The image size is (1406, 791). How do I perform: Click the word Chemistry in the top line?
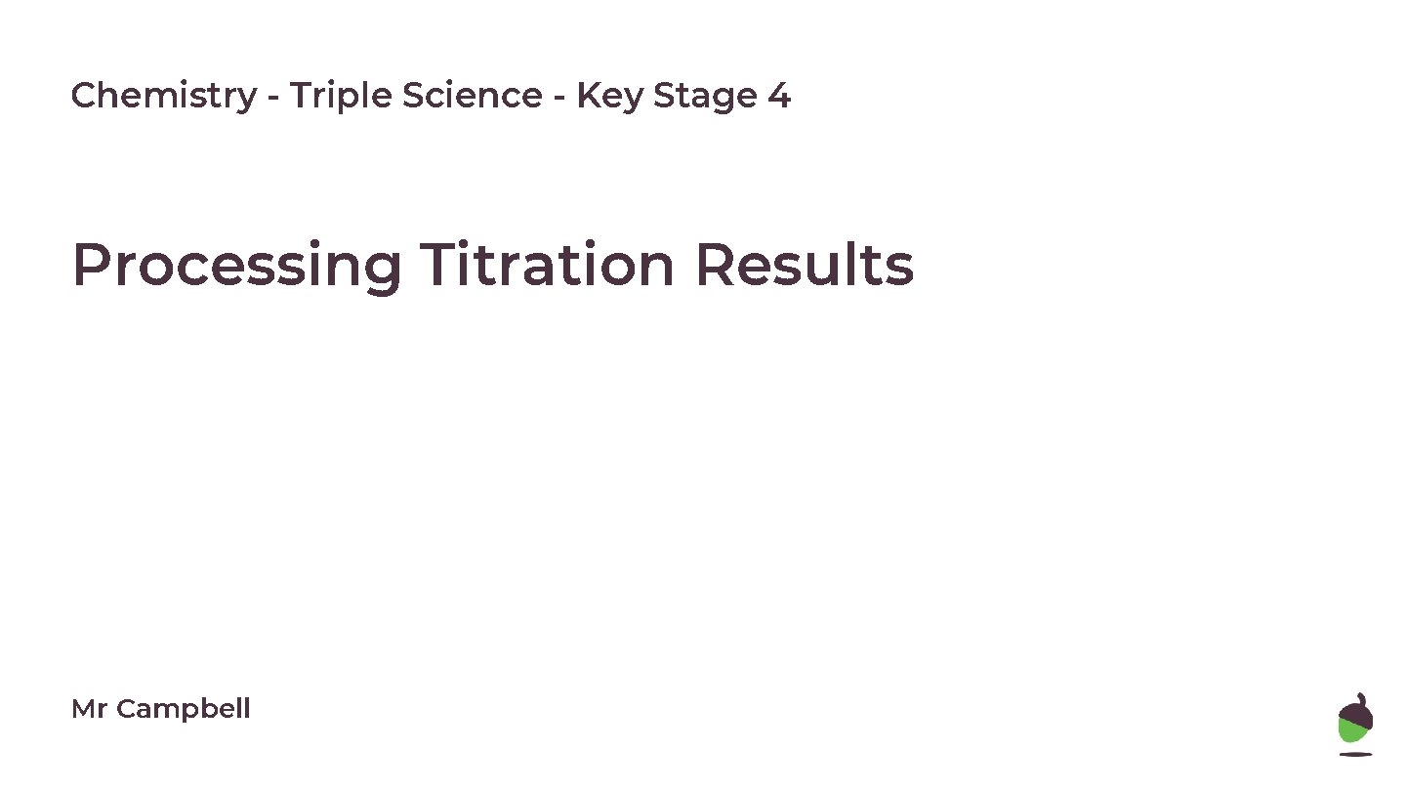(163, 96)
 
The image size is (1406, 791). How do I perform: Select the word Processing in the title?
(236, 266)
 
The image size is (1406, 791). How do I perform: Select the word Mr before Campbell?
(89, 709)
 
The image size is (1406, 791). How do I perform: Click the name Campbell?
(184, 709)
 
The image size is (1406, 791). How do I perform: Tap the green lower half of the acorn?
(1353, 733)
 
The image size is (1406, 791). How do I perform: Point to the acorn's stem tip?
(1359, 696)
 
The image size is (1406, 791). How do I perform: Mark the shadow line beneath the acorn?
(1355, 754)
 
